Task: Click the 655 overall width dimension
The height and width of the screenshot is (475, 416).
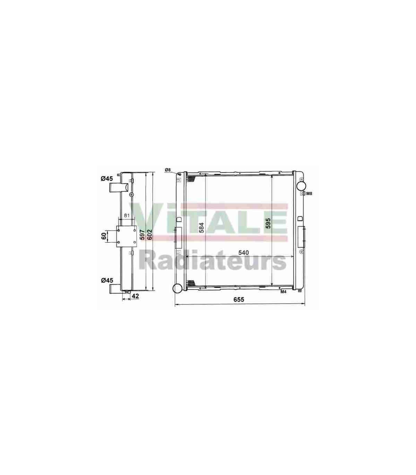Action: point(239,299)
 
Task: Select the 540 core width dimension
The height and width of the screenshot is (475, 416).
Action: point(243,252)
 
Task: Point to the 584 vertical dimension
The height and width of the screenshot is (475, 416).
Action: point(201,228)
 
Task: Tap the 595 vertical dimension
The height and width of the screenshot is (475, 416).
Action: point(268,223)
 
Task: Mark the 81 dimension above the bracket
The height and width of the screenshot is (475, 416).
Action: point(127,215)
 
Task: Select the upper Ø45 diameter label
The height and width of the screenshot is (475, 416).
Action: point(107,179)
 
